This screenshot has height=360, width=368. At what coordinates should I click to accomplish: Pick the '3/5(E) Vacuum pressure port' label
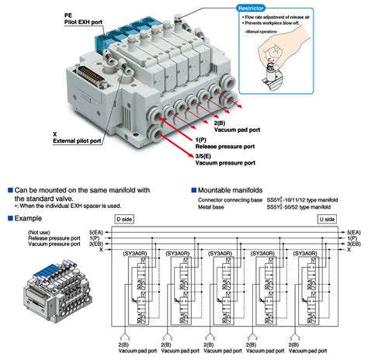pos(224,159)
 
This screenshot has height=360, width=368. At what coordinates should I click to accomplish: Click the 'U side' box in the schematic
pos(325,220)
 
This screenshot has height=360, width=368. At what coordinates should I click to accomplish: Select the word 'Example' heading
pos(28,220)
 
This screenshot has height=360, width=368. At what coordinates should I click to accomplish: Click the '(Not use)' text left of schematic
pos(40,231)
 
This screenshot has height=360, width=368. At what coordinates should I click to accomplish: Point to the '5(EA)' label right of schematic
pos(353,231)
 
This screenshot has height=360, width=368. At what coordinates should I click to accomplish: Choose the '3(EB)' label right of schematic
pos(353,244)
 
